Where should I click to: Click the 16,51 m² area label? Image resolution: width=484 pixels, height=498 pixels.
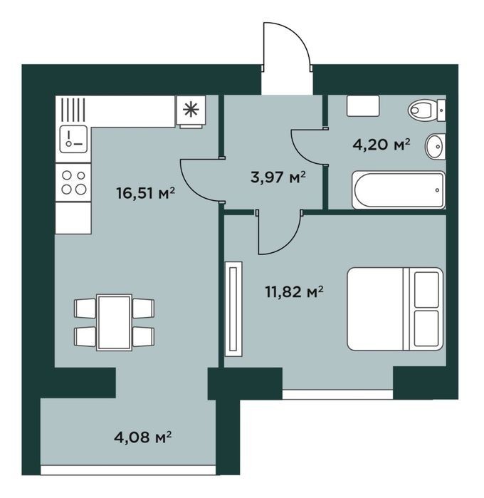tap(146, 193)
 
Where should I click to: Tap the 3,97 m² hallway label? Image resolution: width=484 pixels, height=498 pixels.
tap(278, 177)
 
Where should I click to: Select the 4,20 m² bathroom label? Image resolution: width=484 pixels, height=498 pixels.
tap(382, 145)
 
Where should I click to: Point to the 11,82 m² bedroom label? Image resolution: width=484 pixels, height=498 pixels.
tap(294, 292)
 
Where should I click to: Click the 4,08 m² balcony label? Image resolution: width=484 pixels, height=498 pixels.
tap(143, 437)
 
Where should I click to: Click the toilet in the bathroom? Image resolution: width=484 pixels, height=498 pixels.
tap(426, 110)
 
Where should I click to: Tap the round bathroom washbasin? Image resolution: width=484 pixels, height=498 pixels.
tap(435, 147)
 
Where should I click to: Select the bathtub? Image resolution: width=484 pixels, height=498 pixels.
tap(399, 190)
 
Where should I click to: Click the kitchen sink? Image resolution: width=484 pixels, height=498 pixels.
tap(73, 139)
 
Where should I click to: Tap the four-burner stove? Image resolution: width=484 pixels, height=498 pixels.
tap(73, 182)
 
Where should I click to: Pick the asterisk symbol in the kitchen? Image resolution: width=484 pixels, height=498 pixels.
tap(191, 110)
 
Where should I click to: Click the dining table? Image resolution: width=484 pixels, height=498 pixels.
tap(114, 322)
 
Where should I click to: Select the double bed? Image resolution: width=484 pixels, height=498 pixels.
tap(395, 309)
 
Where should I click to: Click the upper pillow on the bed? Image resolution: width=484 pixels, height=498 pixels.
tap(426, 290)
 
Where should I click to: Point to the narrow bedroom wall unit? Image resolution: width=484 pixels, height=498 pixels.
tap(233, 309)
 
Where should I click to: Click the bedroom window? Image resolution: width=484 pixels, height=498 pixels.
tap(337, 394)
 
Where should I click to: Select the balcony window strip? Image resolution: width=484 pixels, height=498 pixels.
tap(128, 470)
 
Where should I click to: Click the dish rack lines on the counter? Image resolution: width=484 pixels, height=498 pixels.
tap(73, 110)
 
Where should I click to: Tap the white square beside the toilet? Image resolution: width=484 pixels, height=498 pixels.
tap(363, 105)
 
